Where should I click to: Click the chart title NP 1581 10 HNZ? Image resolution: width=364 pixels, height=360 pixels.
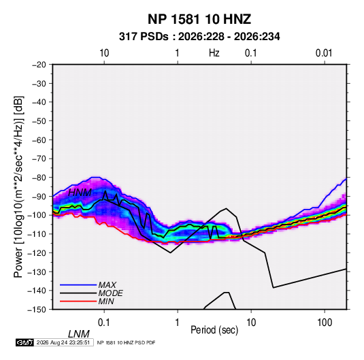(199, 19)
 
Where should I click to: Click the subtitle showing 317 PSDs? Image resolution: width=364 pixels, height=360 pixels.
(199, 37)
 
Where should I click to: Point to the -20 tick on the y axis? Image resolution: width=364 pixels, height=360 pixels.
(39, 65)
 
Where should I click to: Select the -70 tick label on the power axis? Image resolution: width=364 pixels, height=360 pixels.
(39, 159)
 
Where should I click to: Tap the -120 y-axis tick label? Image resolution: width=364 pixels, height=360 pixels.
(37, 252)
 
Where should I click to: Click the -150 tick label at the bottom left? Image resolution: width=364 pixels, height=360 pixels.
(37, 310)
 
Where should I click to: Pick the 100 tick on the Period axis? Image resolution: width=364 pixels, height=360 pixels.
(325, 323)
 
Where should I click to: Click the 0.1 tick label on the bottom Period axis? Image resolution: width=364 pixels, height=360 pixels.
(104, 323)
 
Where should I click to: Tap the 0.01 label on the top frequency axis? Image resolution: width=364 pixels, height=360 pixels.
(324, 53)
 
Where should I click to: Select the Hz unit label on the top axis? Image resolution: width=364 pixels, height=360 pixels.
(214, 53)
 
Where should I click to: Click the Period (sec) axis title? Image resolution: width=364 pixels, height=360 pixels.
(214, 330)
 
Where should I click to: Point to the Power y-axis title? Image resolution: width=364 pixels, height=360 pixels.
(18, 186)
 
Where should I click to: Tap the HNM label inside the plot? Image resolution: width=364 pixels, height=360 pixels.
(80, 193)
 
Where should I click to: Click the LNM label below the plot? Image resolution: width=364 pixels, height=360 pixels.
(78, 334)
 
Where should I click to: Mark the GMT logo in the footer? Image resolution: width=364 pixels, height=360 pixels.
(25, 342)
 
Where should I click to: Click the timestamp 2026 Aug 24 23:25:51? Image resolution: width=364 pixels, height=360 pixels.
(63, 342)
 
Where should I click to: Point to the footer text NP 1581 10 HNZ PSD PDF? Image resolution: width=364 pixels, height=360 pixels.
(126, 342)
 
